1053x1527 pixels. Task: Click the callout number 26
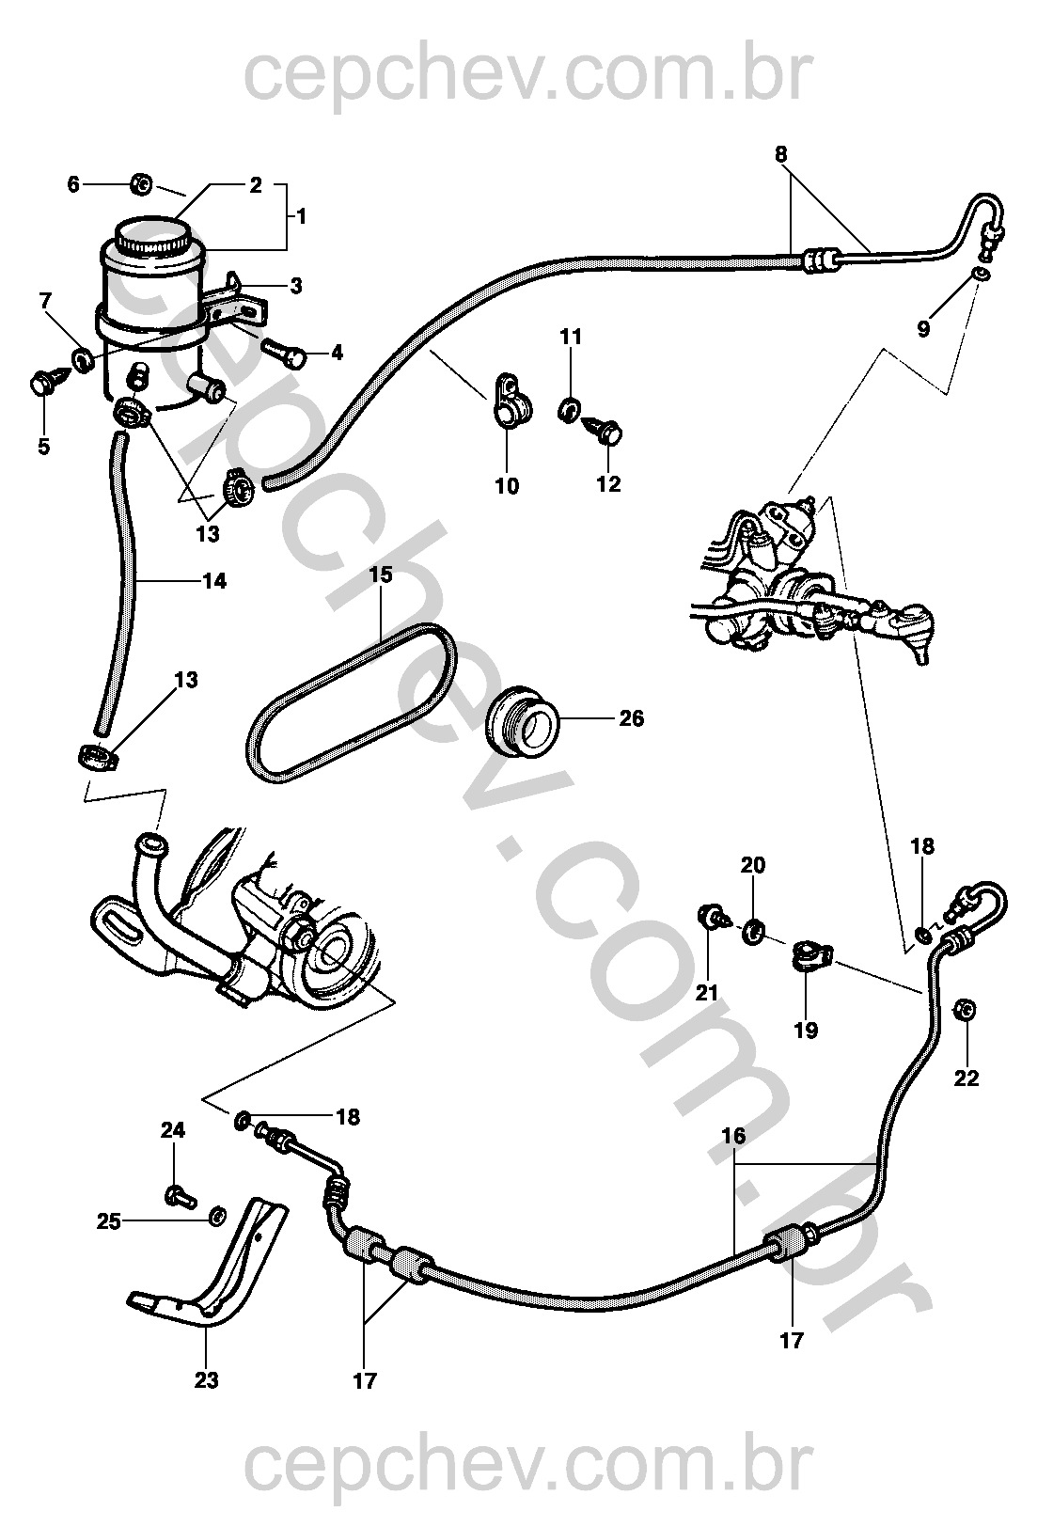(x=631, y=718)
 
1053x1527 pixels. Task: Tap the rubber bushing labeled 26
(x=522, y=722)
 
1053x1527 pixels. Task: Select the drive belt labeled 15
(x=352, y=704)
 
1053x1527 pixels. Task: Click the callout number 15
(x=381, y=575)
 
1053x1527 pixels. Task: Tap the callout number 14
(x=214, y=581)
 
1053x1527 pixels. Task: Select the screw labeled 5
(x=47, y=385)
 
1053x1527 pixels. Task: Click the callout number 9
(x=923, y=328)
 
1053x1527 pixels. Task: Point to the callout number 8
(x=780, y=155)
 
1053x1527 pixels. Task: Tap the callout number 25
(x=109, y=1221)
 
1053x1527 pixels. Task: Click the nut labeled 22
(x=966, y=1008)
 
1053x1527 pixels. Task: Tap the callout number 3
(x=295, y=286)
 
